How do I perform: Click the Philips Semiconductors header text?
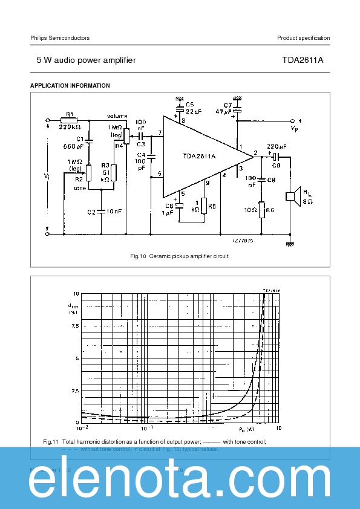click(60, 38)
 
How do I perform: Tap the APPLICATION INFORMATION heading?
click(70, 86)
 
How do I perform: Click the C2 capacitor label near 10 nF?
click(91, 212)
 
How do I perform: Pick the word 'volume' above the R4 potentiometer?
click(117, 115)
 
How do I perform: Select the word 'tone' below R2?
click(79, 188)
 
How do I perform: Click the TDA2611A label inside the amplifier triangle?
click(199, 156)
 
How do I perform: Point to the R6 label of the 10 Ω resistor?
click(270, 210)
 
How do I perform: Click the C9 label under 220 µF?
click(276, 164)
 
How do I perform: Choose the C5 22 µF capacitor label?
click(189, 105)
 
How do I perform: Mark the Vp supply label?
click(294, 129)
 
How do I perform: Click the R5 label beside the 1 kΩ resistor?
click(212, 206)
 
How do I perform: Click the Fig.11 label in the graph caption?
click(51, 441)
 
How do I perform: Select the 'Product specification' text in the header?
click(303, 38)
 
